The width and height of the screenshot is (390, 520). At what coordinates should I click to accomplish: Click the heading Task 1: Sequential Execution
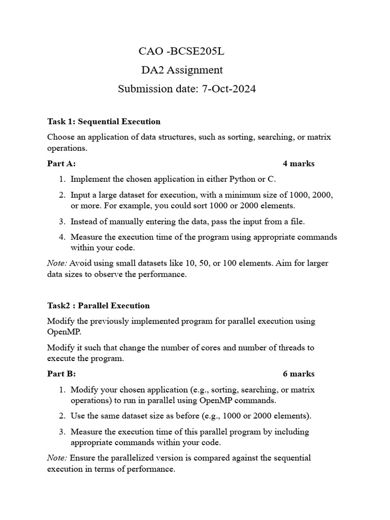[104, 121]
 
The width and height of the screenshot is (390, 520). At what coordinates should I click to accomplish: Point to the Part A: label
[61, 164]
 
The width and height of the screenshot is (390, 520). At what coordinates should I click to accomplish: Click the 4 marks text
[299, 164]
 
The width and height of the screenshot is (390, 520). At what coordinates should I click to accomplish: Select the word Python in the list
[243, 179]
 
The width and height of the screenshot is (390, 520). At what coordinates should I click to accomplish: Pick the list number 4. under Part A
[61, 237]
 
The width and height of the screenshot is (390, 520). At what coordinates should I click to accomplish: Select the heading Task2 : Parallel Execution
[99, 306]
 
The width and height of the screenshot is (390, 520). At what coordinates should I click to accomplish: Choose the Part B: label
[61, 374]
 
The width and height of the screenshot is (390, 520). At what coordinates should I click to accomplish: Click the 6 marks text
[299, 374]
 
